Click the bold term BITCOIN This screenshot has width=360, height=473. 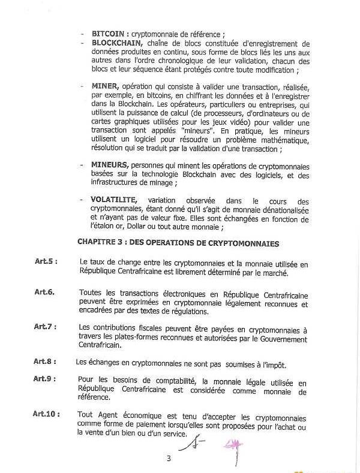click(x=108, y=34)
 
